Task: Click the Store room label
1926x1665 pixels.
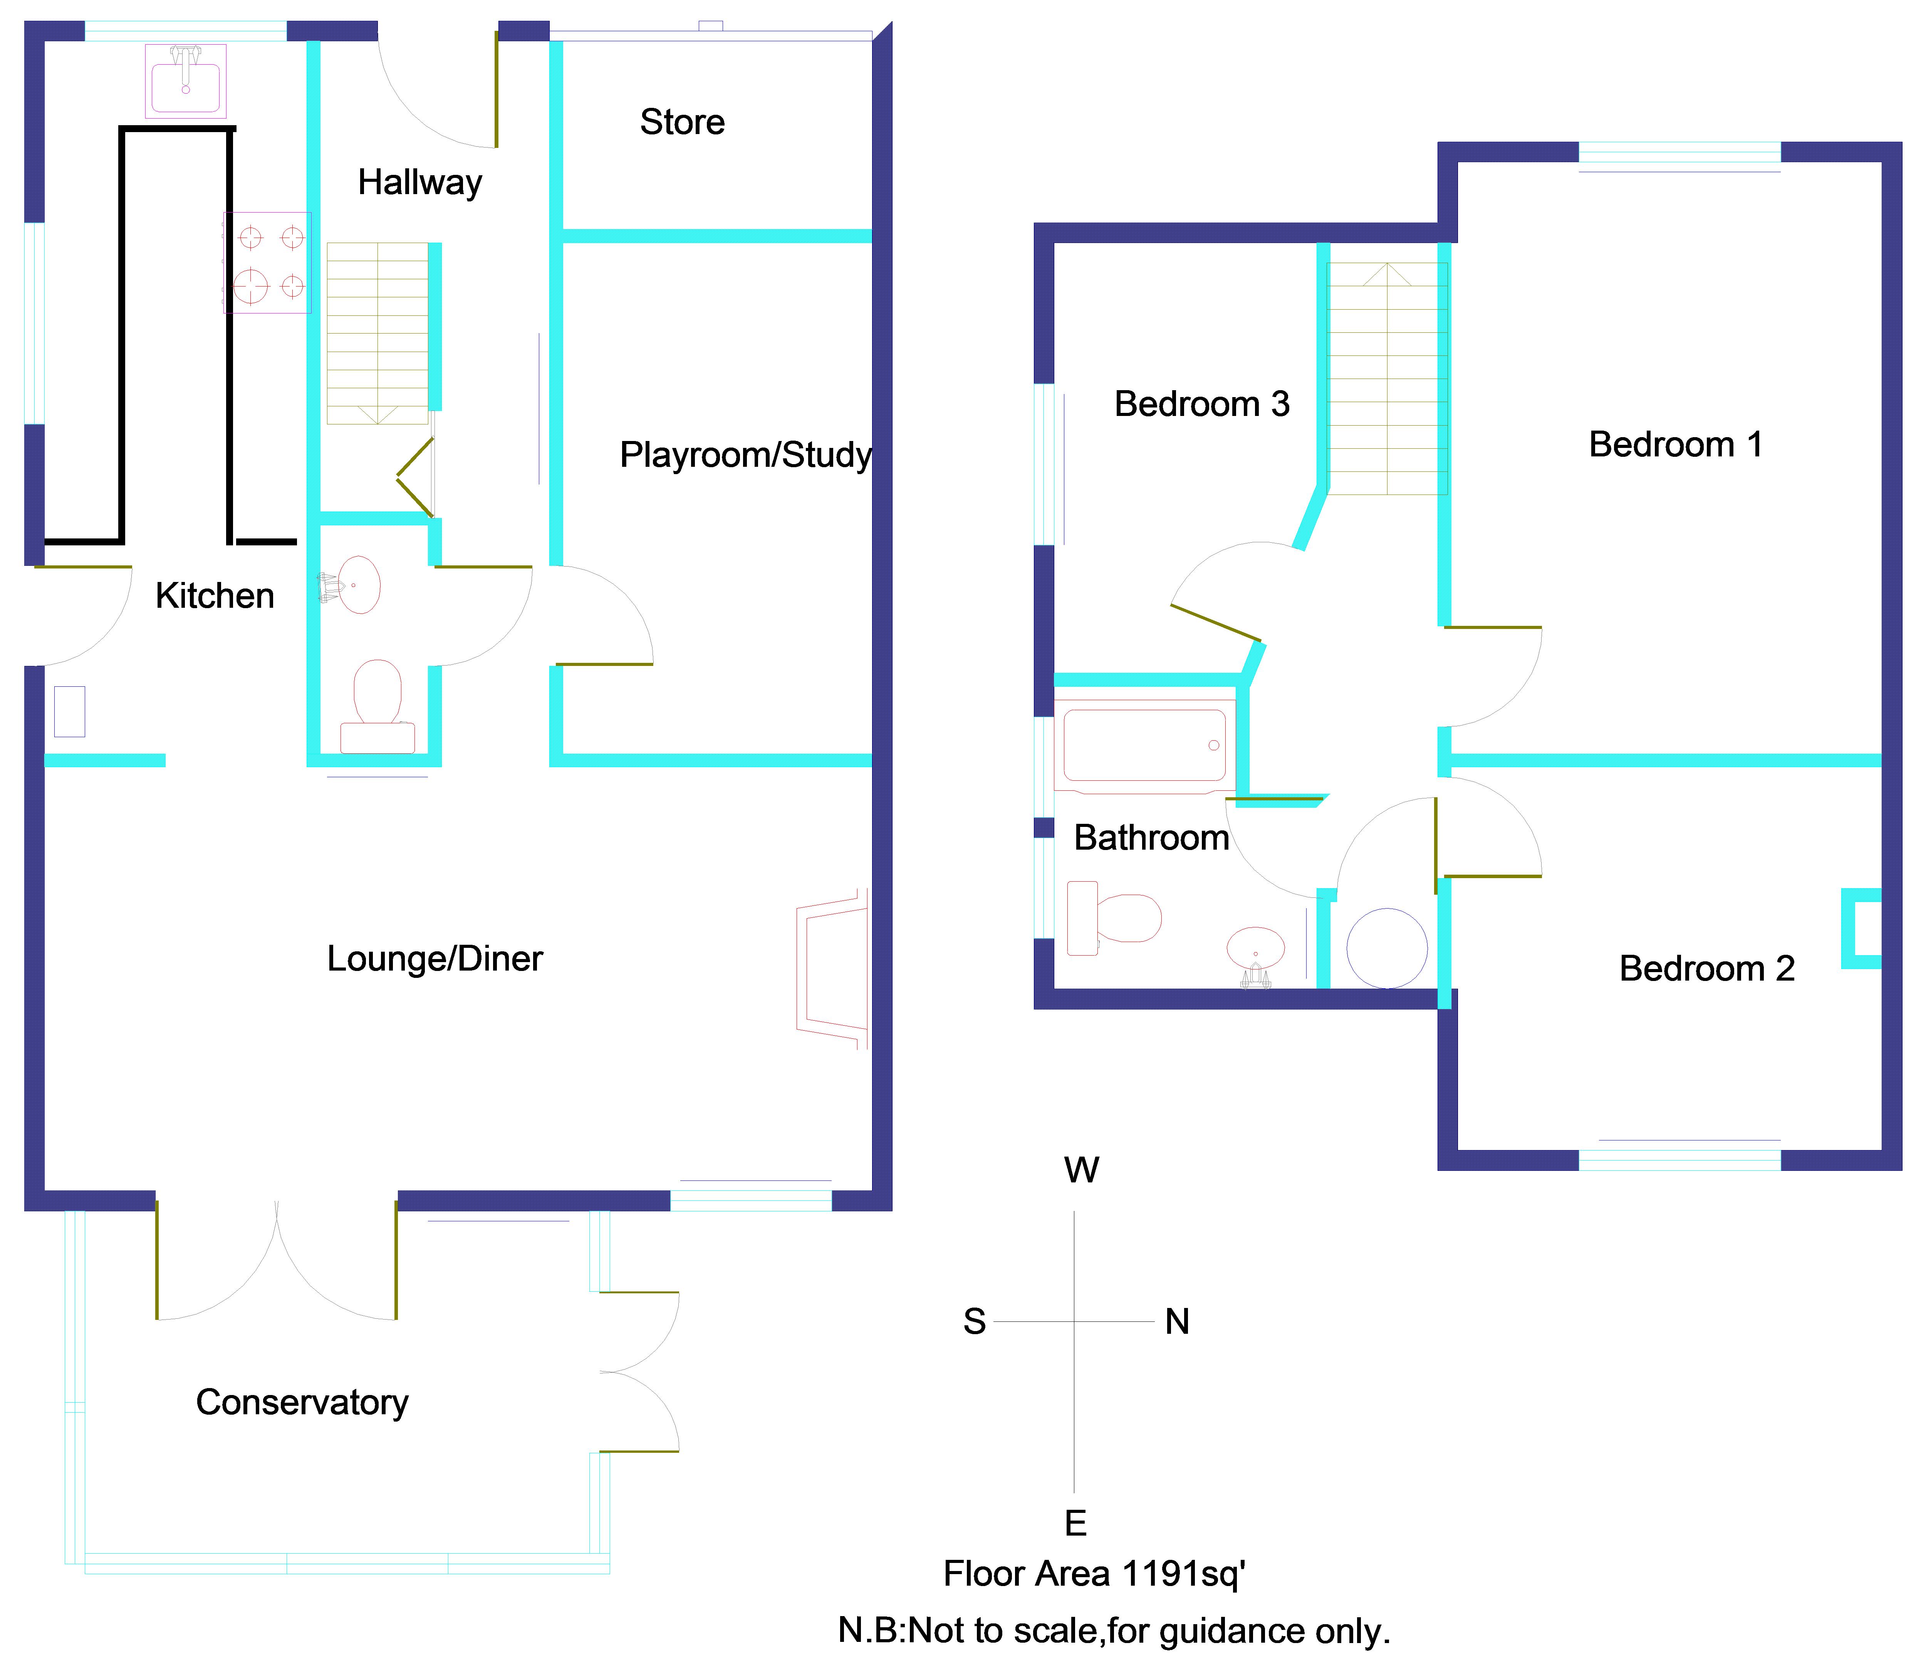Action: (x=682, y=122)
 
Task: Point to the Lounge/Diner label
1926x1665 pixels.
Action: (x=434, y=959)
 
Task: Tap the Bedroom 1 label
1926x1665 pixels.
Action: (x=1676, y=444)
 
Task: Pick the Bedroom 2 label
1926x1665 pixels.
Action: (x=1707, y=969)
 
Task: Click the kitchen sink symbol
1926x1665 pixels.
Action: (x=186, y=81)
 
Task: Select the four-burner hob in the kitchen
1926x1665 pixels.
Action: (x=267, y=262)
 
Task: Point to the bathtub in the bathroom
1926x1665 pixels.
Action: (x=1144, y=746)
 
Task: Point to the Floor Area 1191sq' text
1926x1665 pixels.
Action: (x=1094, y=1574)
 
